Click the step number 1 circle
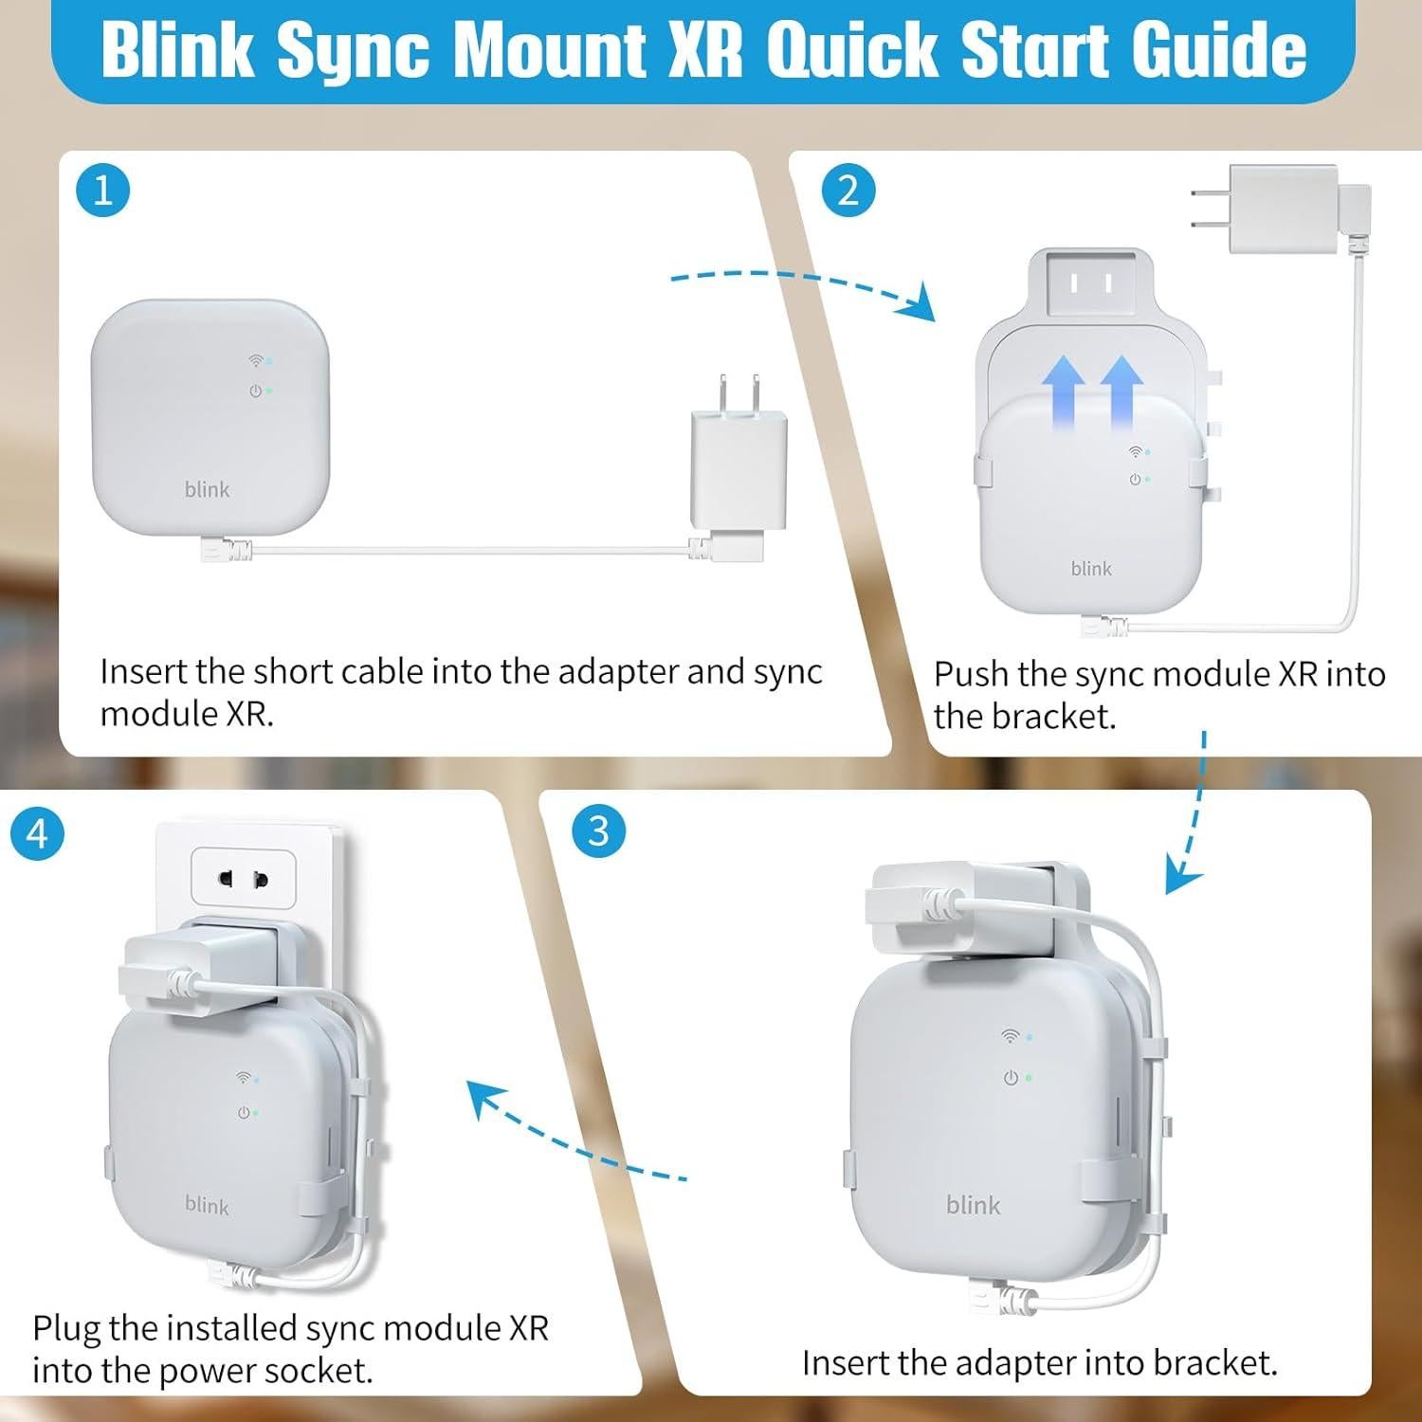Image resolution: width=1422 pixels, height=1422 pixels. click(x=102, y=191)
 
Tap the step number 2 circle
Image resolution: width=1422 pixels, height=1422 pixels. click(x=848, y=191)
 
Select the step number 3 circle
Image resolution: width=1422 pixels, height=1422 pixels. click(x=598, y=831)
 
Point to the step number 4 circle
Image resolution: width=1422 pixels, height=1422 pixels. click(x=37, y=834)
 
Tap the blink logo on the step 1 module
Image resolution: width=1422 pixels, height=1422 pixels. click(x=207, y=489)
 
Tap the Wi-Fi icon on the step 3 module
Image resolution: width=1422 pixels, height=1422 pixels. click(x=1011, y=1036)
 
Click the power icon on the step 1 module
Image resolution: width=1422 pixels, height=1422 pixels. click(x=255, y=391)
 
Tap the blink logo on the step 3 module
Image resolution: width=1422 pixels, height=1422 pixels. click(x=973, y=1205)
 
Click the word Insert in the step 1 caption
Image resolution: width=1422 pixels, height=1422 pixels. click(x=143, y=671)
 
